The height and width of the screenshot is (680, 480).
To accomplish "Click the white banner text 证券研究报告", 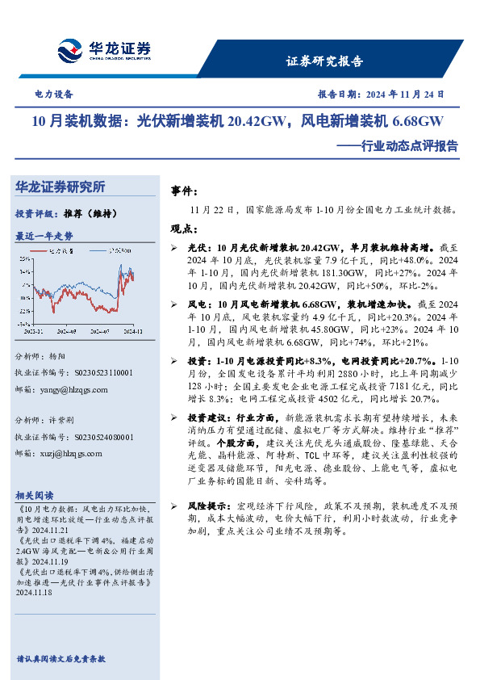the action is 324,61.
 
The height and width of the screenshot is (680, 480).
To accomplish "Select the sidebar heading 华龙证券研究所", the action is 61,187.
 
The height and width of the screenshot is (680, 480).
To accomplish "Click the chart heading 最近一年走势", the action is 44,236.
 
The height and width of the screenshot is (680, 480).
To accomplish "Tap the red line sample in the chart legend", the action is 37,251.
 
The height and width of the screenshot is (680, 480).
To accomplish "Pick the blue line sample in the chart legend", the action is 96,251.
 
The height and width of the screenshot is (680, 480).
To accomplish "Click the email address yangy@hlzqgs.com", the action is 72,388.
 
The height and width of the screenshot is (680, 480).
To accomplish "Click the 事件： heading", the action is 185,191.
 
